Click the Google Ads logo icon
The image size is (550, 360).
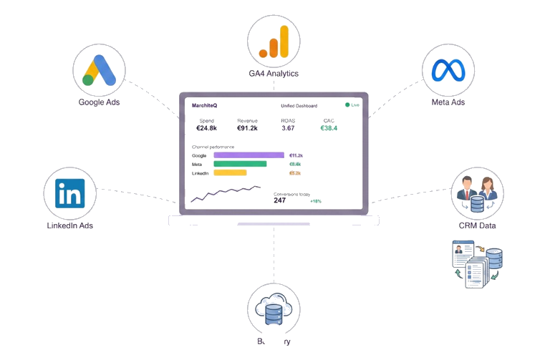99,70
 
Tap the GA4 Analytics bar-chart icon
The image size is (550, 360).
274,42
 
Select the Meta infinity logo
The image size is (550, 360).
448,70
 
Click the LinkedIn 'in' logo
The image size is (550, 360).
69,193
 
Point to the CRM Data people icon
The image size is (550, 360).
477,194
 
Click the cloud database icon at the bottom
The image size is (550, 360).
274,309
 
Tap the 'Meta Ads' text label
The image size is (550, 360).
448,102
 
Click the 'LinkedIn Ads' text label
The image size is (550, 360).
69,225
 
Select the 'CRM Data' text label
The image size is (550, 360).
477,226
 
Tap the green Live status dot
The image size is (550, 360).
348,105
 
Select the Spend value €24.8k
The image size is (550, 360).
206,128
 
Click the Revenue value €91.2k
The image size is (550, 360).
247,128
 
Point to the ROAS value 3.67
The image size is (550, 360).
288,128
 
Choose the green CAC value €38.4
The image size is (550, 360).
329,128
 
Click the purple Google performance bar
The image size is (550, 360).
249,155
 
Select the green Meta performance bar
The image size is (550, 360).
240,164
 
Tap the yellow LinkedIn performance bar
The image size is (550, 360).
230,172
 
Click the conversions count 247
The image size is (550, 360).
279,201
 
